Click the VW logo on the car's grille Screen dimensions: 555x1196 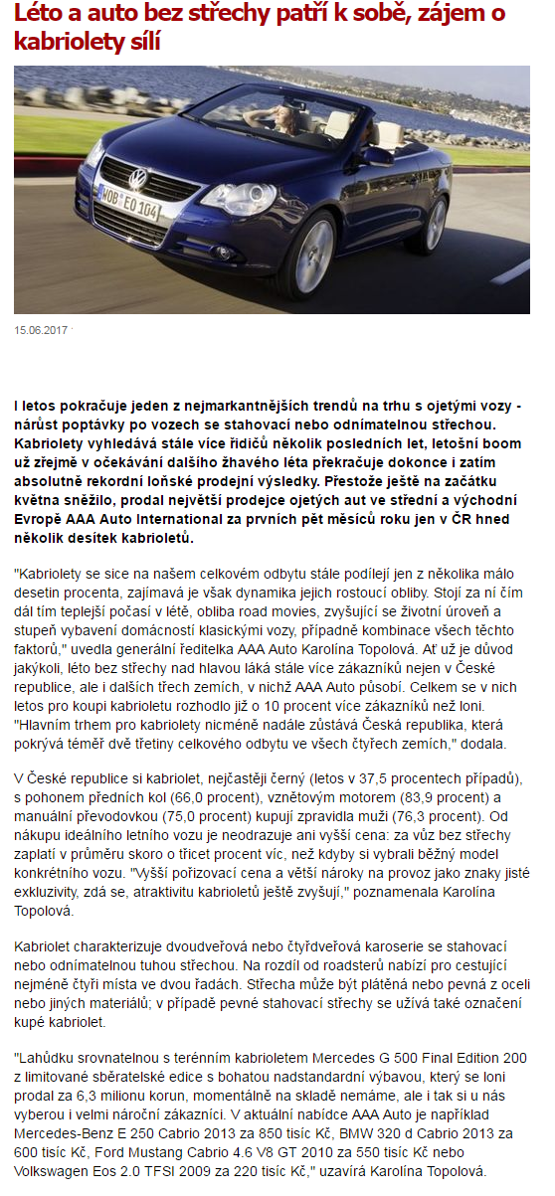click(138, 181)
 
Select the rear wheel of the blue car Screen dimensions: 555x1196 click(436, 223)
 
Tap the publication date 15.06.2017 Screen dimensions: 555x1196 click(41, 329)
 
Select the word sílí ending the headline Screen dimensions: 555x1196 click(141, 43)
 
